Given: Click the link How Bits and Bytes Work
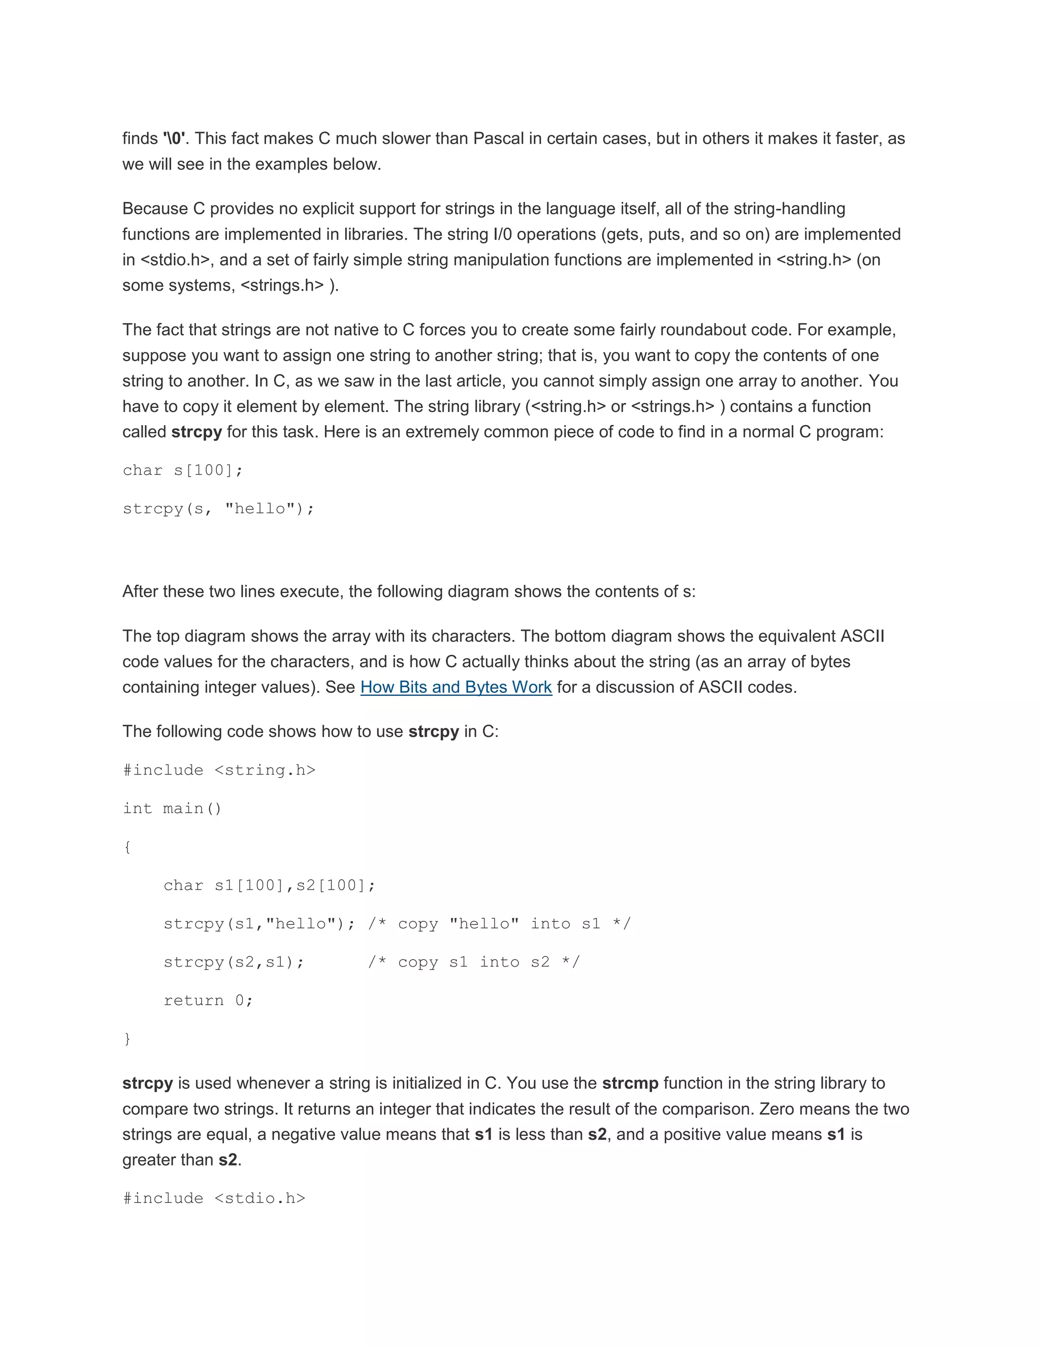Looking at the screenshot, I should pos(456,687).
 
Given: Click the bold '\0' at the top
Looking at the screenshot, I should pos(174,139).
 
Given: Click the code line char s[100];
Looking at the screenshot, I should pos(183,471).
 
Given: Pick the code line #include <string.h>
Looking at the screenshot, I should pos(219,771).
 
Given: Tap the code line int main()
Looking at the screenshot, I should pos(172,809).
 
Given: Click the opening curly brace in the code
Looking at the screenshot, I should pos(127,847).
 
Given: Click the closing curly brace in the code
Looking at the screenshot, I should pos(127,1039).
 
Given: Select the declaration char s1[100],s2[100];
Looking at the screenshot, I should pos(269,886).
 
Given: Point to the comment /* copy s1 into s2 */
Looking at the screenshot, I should pos(474,963).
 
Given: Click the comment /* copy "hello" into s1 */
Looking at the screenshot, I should pos(499,924).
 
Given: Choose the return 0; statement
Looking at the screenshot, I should pos(208,1001).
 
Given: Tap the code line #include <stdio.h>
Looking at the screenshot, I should pos(214,1199).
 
